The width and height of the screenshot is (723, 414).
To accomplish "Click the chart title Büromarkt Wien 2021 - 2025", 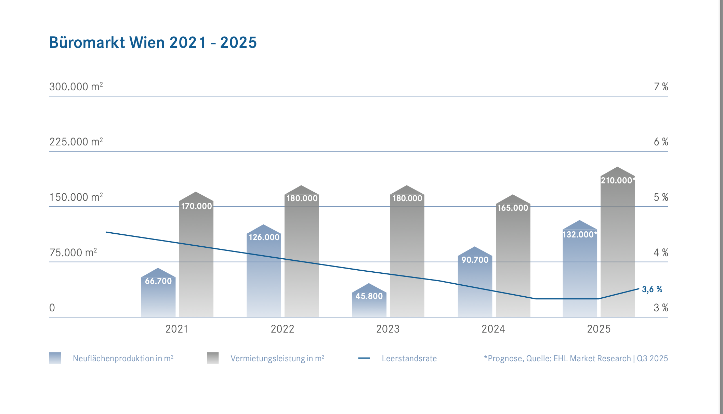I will [153, 43].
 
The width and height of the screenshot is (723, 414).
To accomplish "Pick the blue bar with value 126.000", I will [264, 274].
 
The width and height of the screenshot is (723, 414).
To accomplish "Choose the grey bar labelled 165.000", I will [513, 260].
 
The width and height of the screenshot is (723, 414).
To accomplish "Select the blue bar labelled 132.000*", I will [580, 274].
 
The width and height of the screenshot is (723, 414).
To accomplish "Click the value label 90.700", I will [475, 260].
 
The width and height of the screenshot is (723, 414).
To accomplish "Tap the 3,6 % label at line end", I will [652, 289].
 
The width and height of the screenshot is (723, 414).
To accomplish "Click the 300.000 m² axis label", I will [76, 87].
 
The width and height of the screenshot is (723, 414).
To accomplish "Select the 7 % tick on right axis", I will [661, 87].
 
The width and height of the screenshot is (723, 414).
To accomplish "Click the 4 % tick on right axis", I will [661, 253].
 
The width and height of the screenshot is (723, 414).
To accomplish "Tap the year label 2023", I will [388, 329].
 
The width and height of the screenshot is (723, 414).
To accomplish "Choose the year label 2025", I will [599, 329].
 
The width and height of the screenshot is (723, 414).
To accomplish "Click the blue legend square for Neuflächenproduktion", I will [55, 358].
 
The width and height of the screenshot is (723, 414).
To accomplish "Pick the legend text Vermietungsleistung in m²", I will [277, 358].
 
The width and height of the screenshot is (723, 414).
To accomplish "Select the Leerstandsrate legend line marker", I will [364, 358].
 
